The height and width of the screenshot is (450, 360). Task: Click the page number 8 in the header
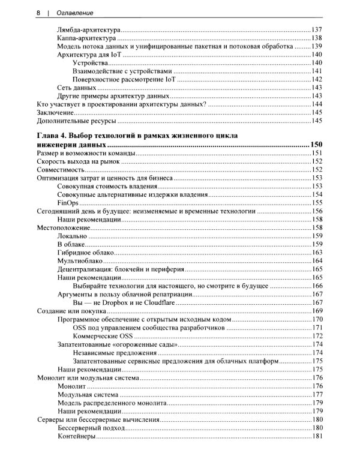click(38, 12)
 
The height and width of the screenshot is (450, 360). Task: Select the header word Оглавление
click(75, 12)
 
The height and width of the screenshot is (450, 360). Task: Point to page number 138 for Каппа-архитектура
click(317, 38)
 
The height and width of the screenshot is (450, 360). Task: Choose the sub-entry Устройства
click(90, 63)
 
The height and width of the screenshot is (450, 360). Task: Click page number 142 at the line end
click(317, 79)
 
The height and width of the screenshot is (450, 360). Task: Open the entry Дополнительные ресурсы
click(74, 121)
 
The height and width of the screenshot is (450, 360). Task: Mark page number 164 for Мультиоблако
click(317, 261)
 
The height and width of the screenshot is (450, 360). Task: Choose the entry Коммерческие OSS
click(100, 335)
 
